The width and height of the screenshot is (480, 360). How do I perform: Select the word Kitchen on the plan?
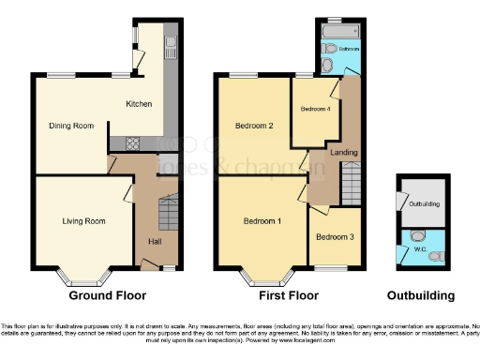click(x=140, y=103)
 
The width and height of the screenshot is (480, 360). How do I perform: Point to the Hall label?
click(x=154, y=241)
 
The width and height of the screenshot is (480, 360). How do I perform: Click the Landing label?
click(x=343, y=152)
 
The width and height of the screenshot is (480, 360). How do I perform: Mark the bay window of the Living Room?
click(x=82, y=278)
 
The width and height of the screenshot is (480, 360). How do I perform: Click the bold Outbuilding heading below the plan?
click(x=421, y=295)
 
